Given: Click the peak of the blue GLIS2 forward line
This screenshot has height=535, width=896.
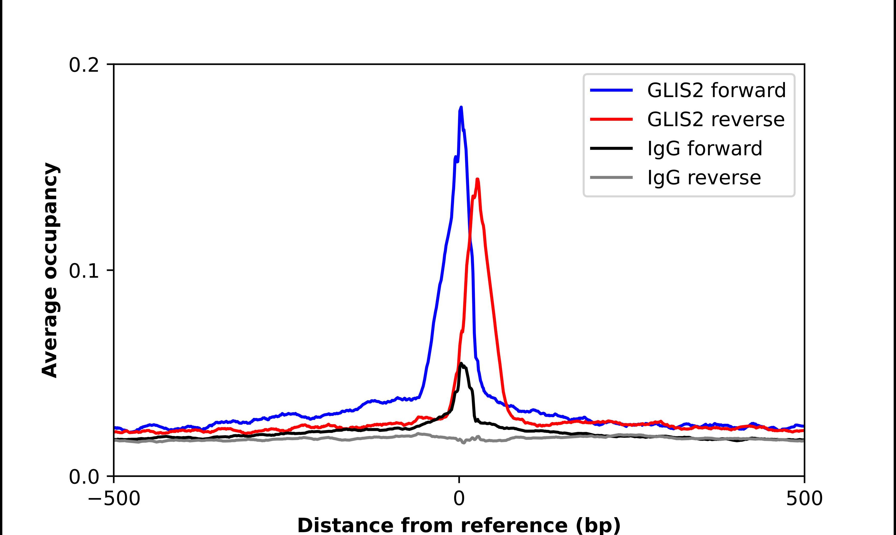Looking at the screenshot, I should pyautogui.click(x=461, y=108).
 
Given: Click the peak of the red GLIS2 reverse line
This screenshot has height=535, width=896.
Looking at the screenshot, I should pyautogui.click(x=477, y=179).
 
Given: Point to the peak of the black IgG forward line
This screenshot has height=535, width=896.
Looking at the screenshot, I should pyautogui.click(x=461, y=363).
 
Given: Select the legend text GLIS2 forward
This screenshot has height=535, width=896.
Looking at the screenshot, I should pyautogui.click(x=716, y=90).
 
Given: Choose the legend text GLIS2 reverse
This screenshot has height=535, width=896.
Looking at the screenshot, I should pyautogui.click(x=715, y=119).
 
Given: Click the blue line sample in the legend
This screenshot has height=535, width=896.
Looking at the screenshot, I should pyautogui.click(x=611, y=90).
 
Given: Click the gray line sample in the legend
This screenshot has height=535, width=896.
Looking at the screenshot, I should pyautogui.click(x=611, y=177).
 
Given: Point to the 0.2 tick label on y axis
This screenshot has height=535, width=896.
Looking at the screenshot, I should pyautogui.click(x=84, y=65).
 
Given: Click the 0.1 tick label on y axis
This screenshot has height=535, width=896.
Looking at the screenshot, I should pyautogui.click(x=84, y=271).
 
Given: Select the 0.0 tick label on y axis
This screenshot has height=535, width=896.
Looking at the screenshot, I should pyautogui.click(x=84, y=477).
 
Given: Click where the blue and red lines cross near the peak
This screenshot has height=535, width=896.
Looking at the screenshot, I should pyautogui.click(x=469, y=236).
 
